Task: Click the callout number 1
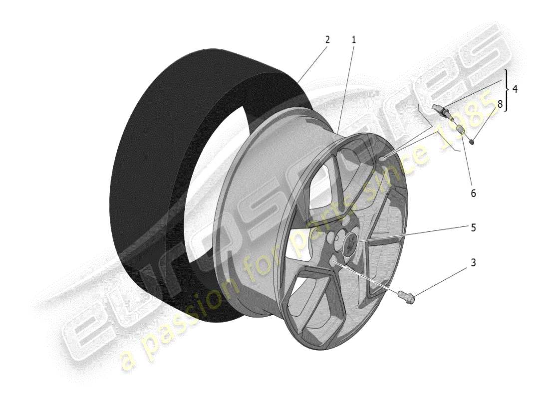click(354, 39)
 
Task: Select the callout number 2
click(327, 39)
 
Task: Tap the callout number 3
click(473, 262)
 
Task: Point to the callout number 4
click(515, 90)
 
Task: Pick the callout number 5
click(473, 227)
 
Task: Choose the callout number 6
click(473, 193)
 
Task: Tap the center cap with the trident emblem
click(350, 244)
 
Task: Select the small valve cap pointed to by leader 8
click(472, 141)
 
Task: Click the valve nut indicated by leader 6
click(461, 130)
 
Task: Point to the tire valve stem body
click(440, 111)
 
